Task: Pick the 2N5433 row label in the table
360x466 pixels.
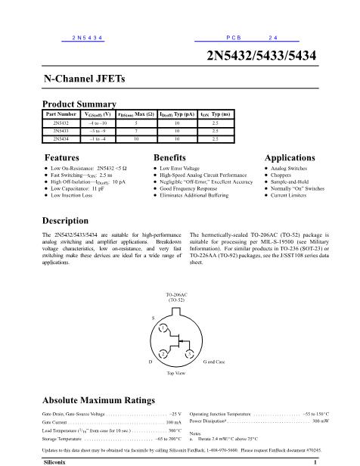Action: coord(61,130)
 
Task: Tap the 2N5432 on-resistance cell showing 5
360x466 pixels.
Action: coord(136,122)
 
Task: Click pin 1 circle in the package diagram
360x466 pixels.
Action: coord(163,327)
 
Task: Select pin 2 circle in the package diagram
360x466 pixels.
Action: coord(163,353)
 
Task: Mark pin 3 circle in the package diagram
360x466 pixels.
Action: coord(189,353)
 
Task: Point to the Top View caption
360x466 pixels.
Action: coord(175,374)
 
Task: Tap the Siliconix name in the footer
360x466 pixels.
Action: coord(59,460)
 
